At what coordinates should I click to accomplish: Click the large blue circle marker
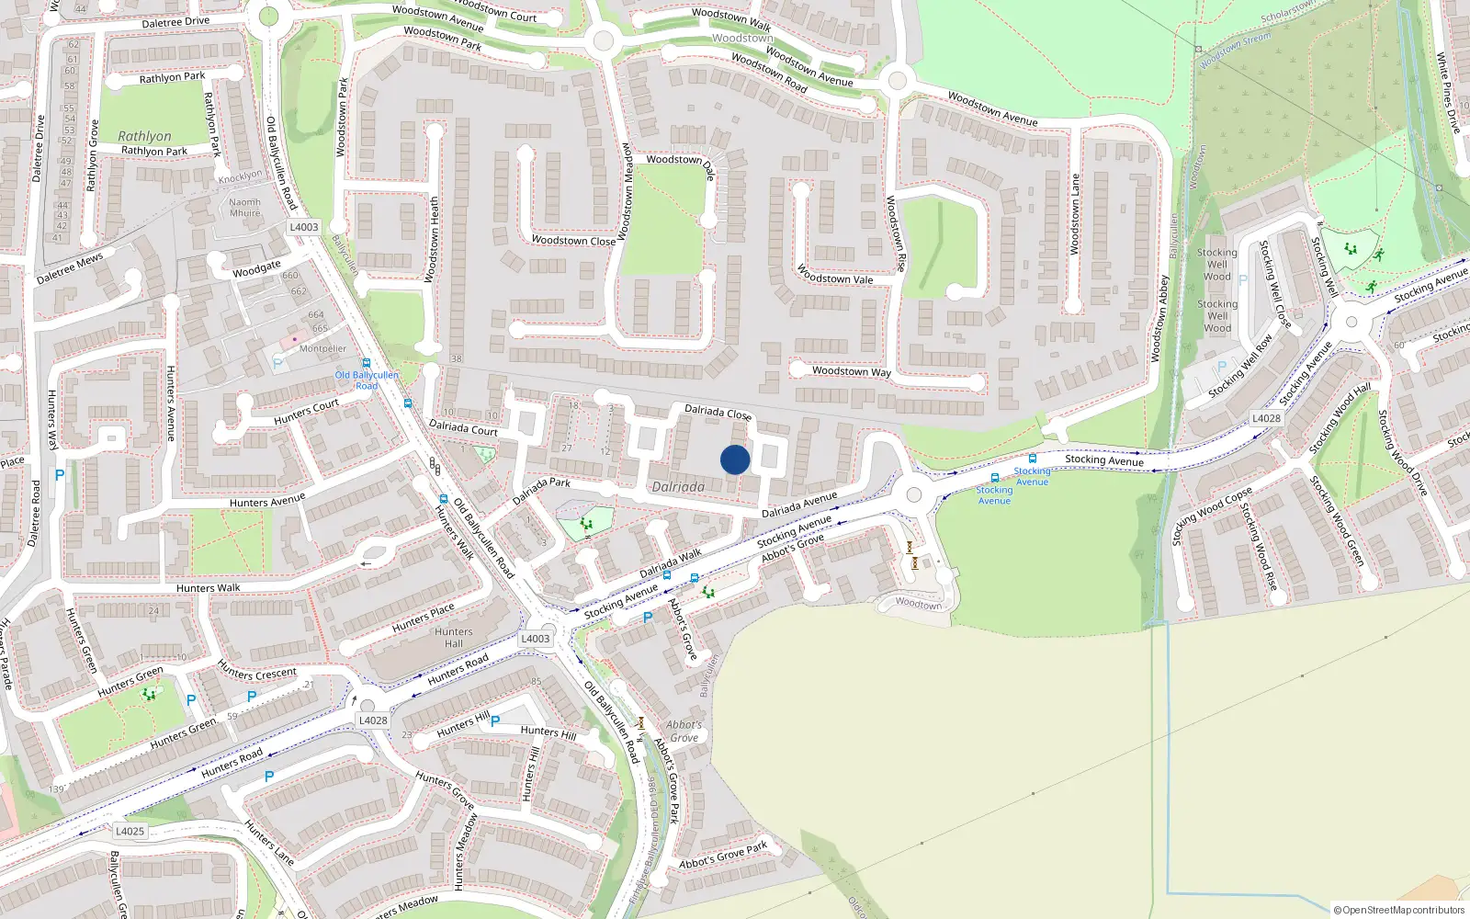735,459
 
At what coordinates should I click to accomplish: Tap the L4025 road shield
130,831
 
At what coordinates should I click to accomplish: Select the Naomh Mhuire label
245,208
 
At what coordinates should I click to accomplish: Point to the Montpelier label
323,349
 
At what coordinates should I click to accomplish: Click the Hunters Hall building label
454,638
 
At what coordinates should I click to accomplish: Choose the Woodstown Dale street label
681,163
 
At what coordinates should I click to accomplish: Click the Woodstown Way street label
851,371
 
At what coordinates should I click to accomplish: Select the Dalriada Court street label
463,427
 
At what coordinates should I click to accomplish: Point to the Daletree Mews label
70,268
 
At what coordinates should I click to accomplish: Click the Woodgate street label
256,268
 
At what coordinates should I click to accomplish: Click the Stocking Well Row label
1240,366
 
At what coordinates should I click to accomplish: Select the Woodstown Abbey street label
1160,318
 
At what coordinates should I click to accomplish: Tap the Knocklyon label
240,176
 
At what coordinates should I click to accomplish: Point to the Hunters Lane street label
269,843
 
